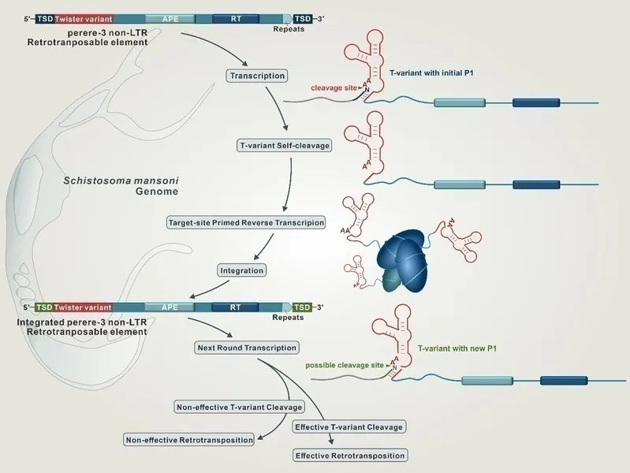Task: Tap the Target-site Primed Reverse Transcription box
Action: (x=247, y=222)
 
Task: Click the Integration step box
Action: (x=241, y=270)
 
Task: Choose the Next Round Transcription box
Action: (x=247, y=347)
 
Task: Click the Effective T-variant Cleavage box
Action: (x=349, y=426)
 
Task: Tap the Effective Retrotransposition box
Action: (x=349, y=456)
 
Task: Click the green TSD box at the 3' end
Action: (x=301, y=306)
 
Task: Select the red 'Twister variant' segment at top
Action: (x=84, y=17)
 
